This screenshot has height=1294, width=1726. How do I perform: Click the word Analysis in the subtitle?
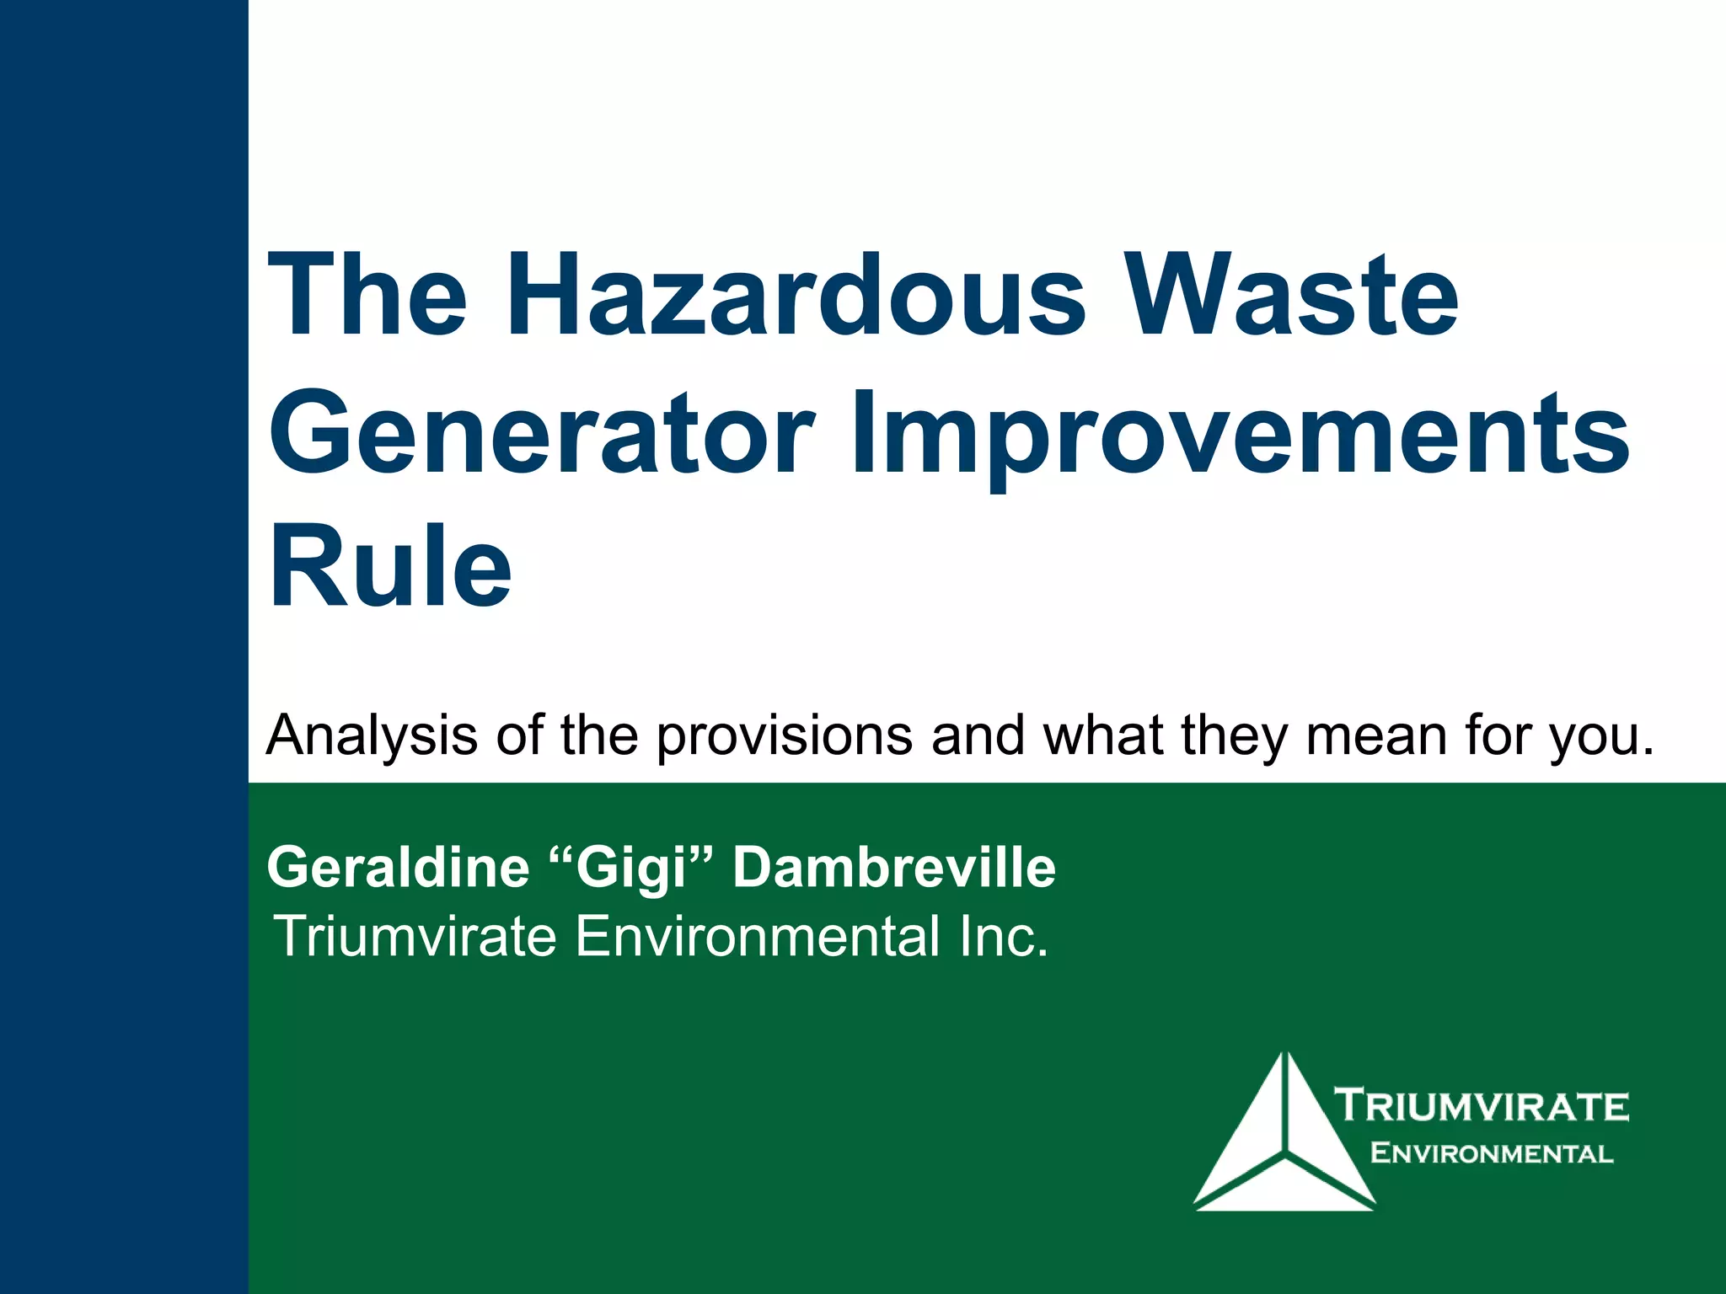click(x=372, y=735)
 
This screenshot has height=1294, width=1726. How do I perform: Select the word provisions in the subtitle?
click(x=784, y=735)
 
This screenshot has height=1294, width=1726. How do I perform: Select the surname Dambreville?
click(x=893, y=868)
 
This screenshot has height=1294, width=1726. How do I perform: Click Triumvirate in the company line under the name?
click(x=415, y=936)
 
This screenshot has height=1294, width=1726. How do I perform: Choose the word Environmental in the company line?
click(x=758, y=936)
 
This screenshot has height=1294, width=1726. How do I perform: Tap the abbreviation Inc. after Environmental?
click(x=1003, y=936)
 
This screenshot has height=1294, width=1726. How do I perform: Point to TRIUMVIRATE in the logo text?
click(x=1482, y=1105)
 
